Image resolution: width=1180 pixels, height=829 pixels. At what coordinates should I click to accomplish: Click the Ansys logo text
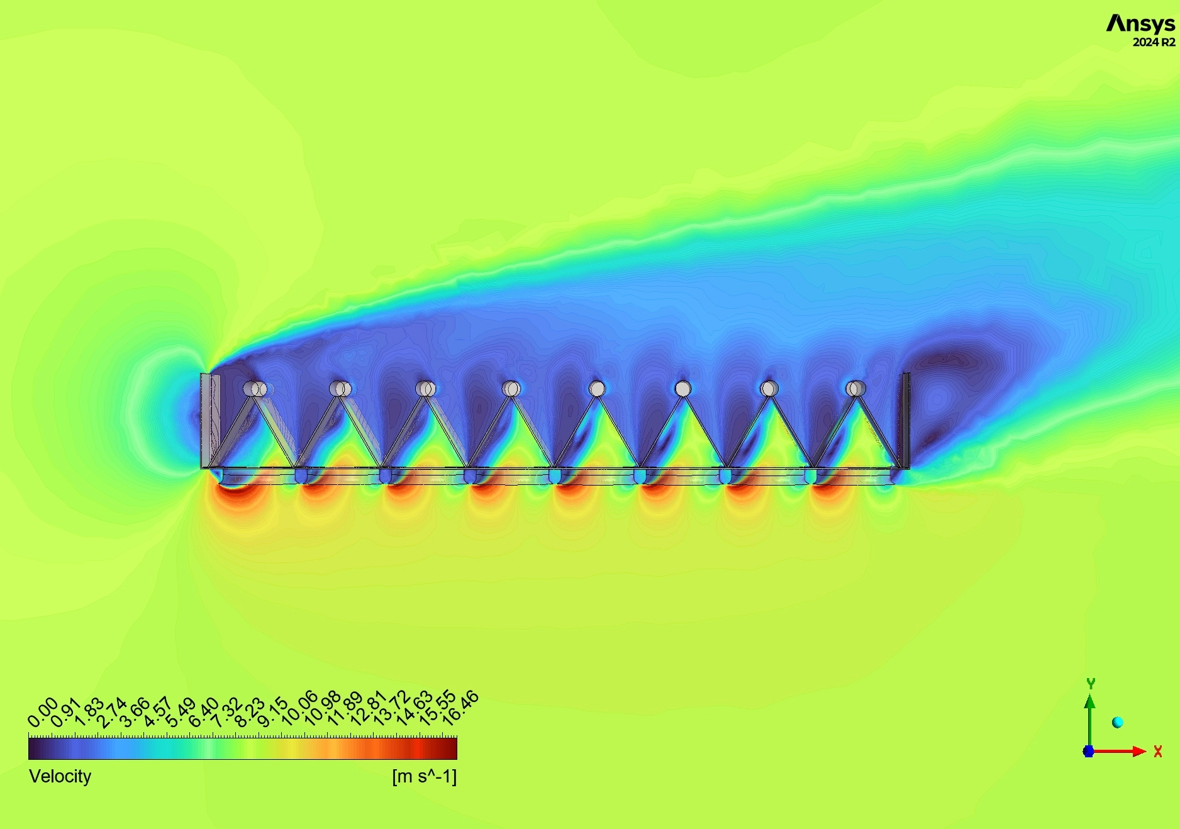[1140, 24]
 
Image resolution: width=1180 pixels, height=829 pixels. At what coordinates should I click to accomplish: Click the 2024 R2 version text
[1154, 43]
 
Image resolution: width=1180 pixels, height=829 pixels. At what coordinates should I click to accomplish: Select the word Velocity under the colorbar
[60, 776]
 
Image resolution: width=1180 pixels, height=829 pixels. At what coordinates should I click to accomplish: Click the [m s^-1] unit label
[424, 776]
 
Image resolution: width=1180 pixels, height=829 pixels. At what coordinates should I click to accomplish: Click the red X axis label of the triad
[1158, 751]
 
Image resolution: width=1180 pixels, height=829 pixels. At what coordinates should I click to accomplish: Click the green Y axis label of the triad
[1091, 683]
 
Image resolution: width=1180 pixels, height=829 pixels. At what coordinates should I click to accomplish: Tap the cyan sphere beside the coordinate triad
[1118, 722]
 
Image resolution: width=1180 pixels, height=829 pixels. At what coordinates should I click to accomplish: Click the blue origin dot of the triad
[1089, 751]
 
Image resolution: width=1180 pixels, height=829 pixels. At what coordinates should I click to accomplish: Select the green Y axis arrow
[1090, 717]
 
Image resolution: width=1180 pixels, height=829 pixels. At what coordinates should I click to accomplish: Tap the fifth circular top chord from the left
[597, 389]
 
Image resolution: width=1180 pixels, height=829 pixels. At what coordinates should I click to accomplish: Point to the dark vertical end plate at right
[906, 420]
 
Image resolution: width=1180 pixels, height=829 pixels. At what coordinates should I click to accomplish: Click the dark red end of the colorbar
[449, 748]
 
